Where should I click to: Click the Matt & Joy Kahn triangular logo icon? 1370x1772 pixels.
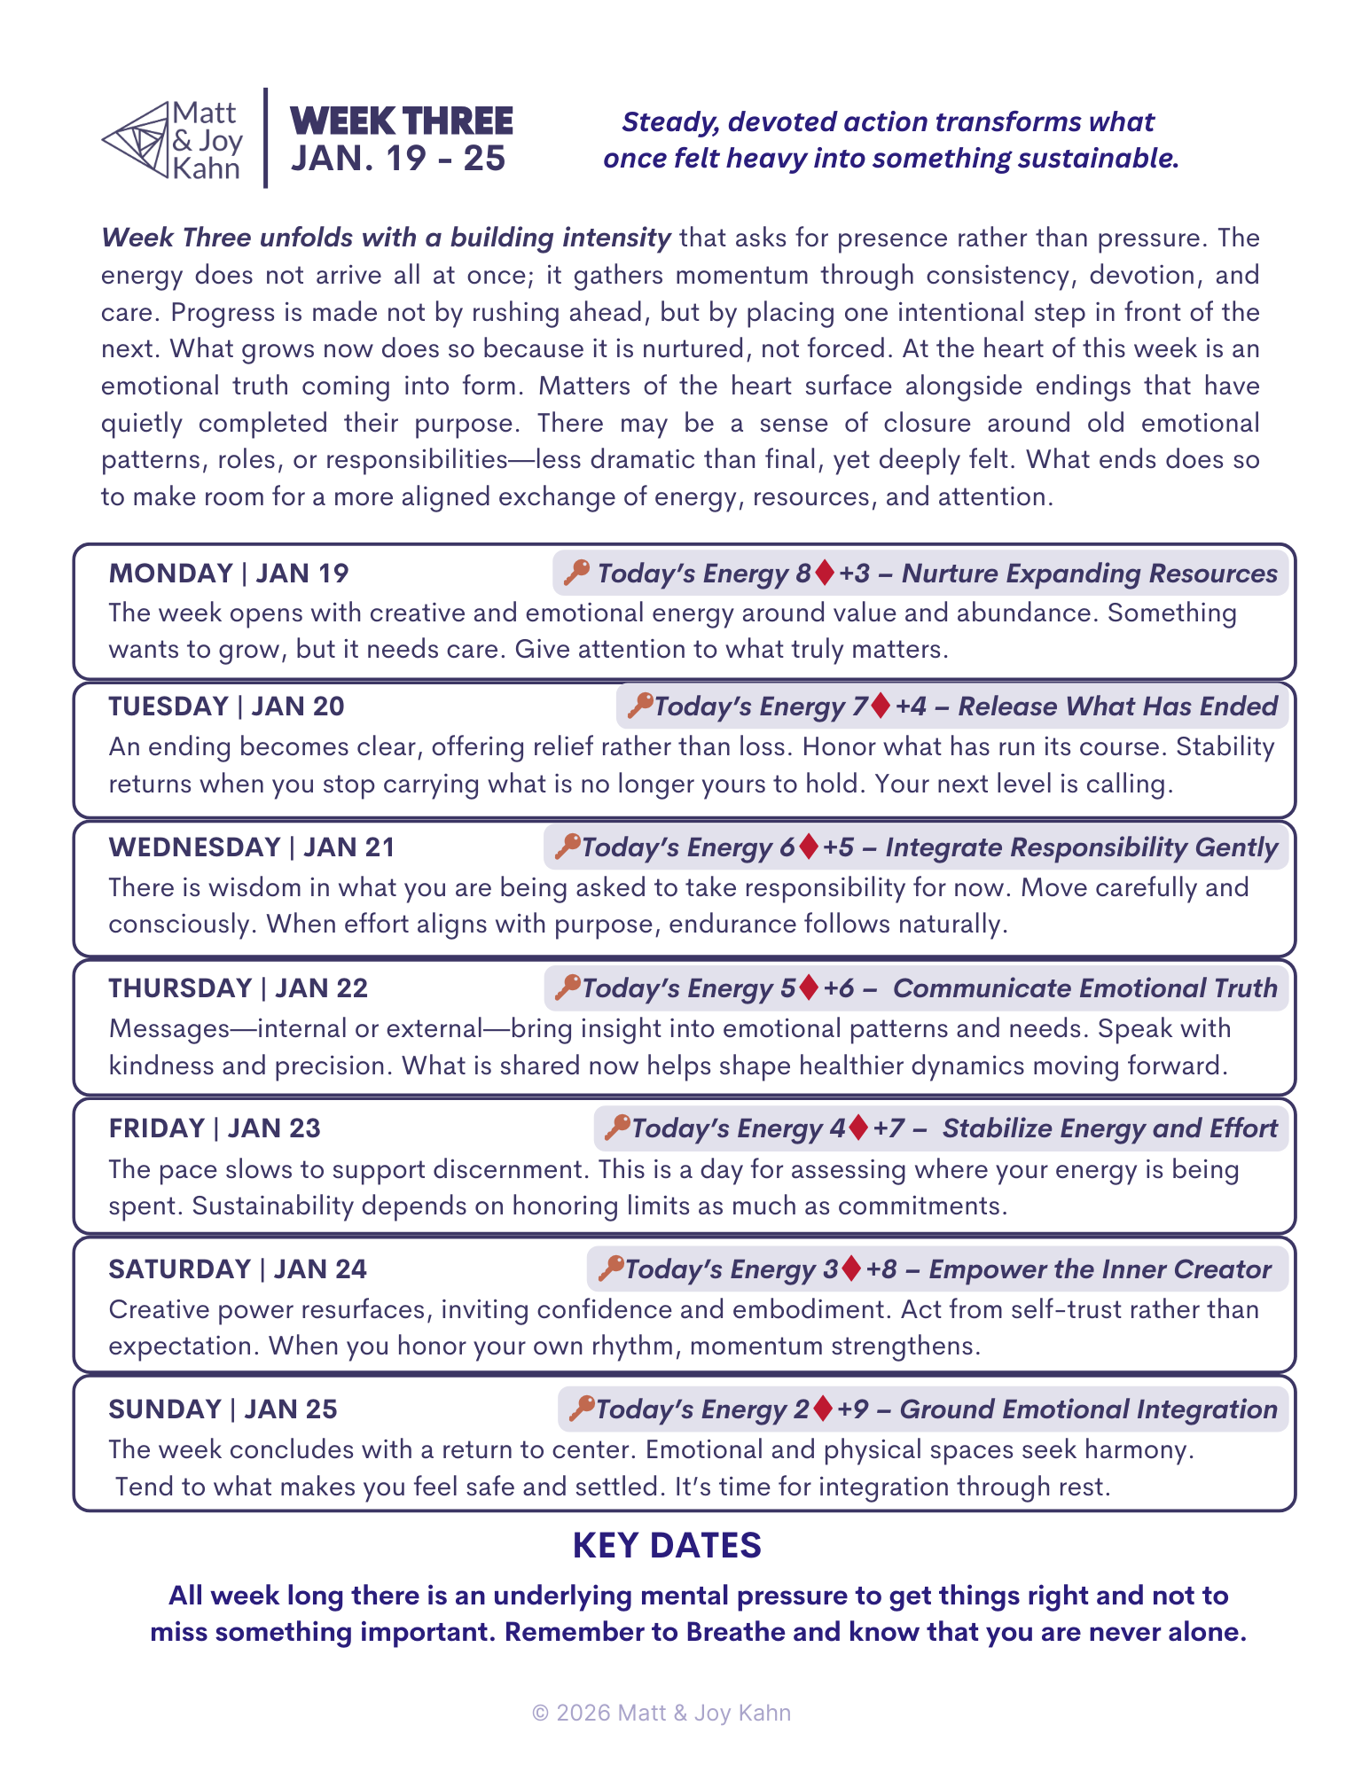[x=136, y=139]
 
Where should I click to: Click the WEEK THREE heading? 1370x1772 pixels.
[x=402, y=121]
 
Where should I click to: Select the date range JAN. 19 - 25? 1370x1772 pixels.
[x=398, y=159]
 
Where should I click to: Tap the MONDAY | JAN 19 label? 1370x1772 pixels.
[x=229, y=574]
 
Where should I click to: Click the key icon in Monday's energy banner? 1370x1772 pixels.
[x=576, y=572]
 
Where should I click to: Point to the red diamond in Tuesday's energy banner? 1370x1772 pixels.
[x=881, y=706]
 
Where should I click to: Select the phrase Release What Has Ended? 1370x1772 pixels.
[x=1117, y=706]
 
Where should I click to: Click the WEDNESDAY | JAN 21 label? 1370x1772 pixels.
[x=252, y=847]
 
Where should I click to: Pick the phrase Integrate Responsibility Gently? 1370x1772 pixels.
[x=1081, y=847]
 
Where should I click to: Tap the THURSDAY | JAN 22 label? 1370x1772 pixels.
[x=238, y=988]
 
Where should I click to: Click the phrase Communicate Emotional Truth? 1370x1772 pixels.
[x=1084, y=988]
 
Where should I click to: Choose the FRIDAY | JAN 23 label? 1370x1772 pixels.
[x=215, y=1128]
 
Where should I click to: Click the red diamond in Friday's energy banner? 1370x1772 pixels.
[x=857, y=1128]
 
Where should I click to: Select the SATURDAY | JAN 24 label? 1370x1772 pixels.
[x=238, y=1269]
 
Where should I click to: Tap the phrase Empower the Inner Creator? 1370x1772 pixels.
[x=1100, y=1269]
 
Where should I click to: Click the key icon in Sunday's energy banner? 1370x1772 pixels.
[x=582, y=1408]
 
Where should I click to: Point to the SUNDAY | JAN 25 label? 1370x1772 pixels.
[x=223, y=1409]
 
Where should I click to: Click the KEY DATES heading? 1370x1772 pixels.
[x=667, y=1546]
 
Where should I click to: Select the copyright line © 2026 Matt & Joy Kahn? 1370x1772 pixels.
[x=662, y=1713]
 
